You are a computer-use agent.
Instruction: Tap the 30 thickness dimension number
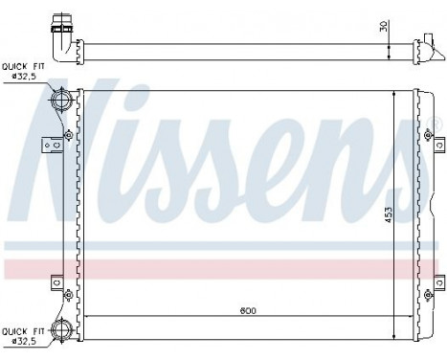(385, 27)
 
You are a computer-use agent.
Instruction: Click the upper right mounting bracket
(438, 143)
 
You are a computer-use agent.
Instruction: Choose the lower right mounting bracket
(438, 282)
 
